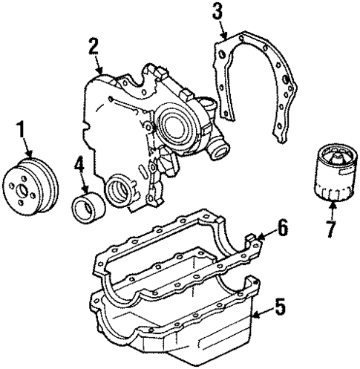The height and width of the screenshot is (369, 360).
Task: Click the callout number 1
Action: (x=21, y=130)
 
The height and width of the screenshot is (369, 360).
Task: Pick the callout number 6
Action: (x=283, y=227)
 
